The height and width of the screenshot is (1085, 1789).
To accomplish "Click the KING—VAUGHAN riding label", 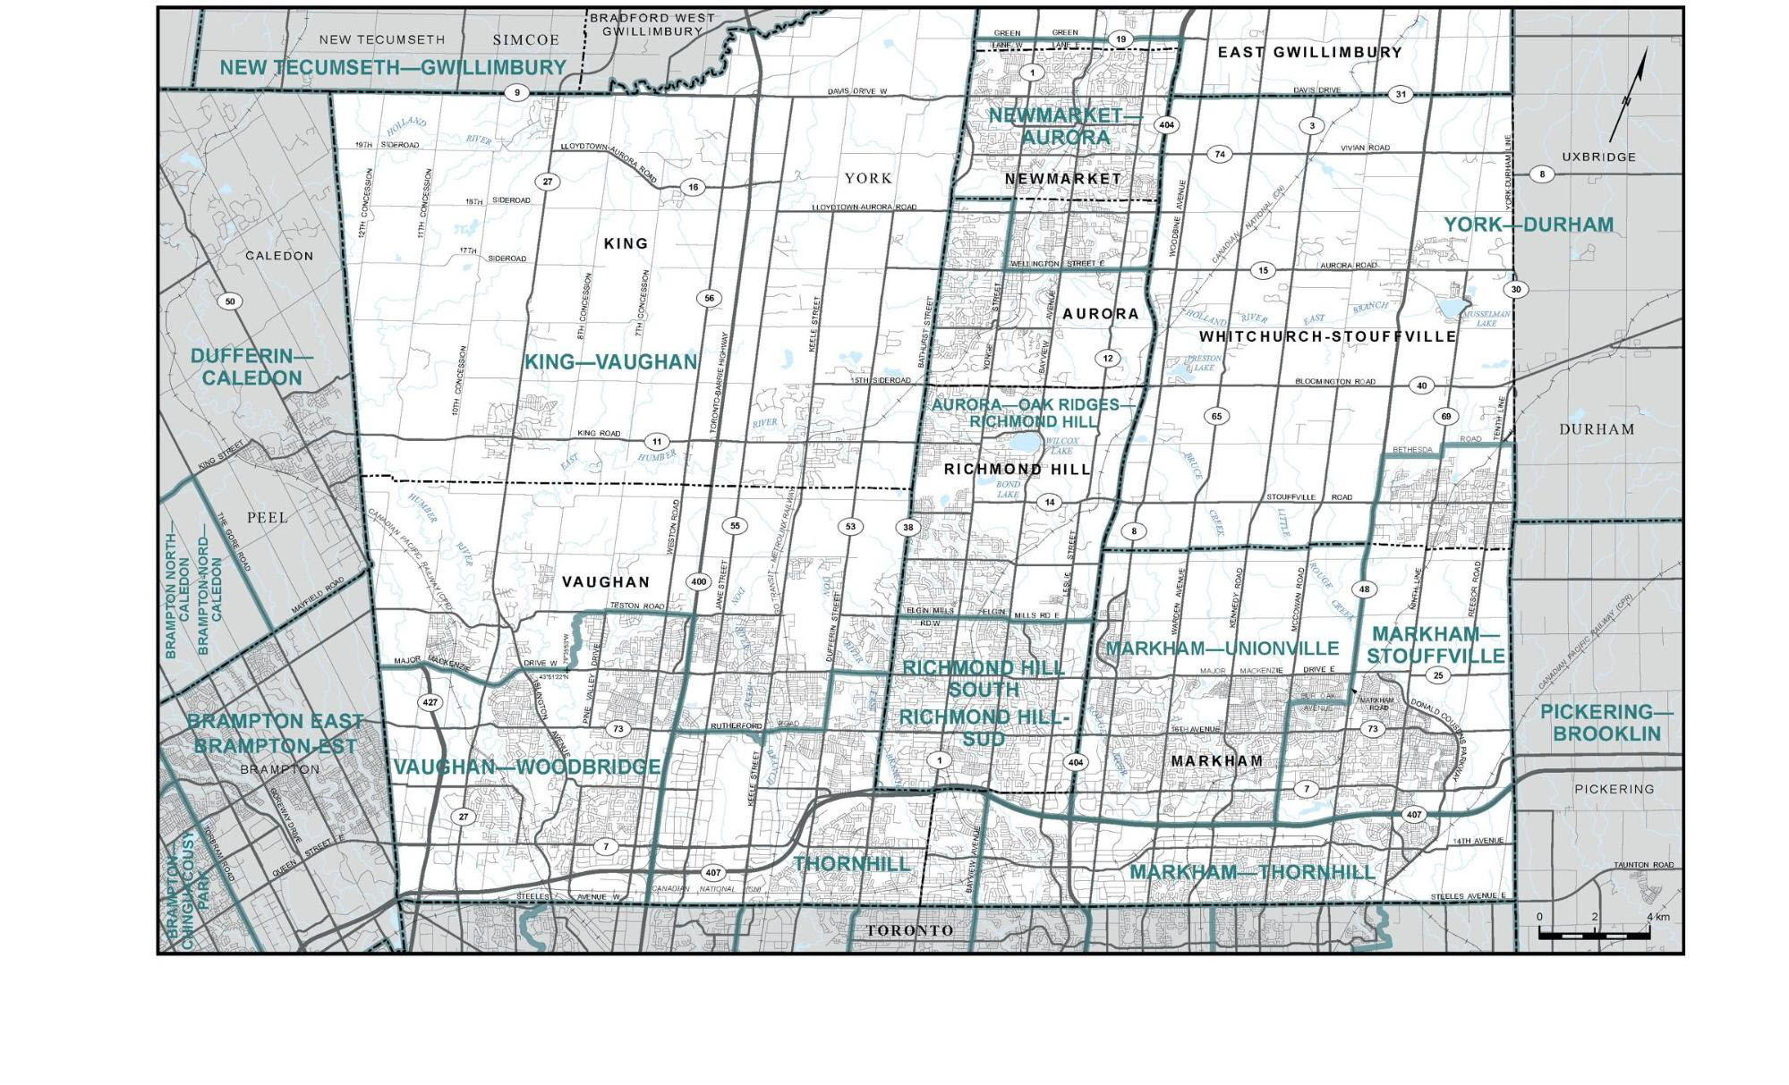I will pos(610,362).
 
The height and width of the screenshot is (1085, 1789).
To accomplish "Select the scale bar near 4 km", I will pos(1594,933).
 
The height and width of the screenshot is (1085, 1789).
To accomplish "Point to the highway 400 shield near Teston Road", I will pos(698,581).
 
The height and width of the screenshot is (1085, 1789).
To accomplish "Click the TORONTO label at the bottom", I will pos(909,930).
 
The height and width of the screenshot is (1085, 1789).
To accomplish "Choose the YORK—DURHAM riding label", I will pos(1529,225).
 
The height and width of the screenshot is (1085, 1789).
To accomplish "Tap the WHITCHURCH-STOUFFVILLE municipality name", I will pos(1327,336).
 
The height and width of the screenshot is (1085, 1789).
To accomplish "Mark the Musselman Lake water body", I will pos(1452,309).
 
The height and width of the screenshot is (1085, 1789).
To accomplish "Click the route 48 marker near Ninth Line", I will pos(1364,589).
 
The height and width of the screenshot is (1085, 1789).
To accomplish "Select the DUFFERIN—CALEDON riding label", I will pos(252,367).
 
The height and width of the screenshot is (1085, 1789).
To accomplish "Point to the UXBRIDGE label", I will pos(1598,157).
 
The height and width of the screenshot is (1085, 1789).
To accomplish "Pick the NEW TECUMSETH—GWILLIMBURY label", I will pos(393,67).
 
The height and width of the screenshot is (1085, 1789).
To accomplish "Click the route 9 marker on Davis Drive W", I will pos(515,92).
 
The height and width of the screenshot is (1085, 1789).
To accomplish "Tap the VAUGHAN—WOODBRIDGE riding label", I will pos(527,767).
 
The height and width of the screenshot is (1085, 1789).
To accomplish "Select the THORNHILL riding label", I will pos(851,864).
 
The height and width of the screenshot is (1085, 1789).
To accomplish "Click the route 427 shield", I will pos(430,702).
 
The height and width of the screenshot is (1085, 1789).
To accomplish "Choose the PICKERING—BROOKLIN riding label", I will pos(1606,723).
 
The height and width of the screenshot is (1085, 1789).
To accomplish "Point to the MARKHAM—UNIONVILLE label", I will pos(1222,648).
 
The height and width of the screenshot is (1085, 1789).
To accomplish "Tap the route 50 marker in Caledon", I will pos(230,301).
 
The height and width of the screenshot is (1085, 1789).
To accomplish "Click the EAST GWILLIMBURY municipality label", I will pos(1309,53).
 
